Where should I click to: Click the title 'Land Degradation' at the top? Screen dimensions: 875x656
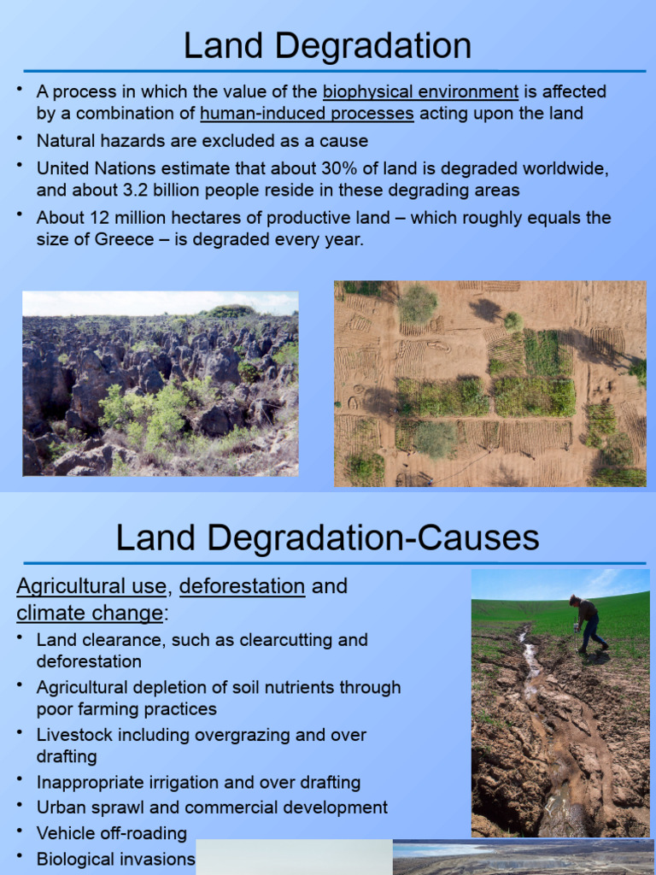(327, 45)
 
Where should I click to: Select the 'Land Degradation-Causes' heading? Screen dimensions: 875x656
(327, 538)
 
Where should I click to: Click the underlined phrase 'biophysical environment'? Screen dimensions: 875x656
(420, 91)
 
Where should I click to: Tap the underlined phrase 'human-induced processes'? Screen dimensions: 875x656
(307, 114)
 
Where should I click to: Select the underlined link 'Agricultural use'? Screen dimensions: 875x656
(91, 586)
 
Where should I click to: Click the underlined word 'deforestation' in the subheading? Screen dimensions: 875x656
(242, 586)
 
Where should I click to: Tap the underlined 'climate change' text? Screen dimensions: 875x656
(89, 613)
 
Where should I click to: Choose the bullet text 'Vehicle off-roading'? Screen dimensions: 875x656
(111, 833)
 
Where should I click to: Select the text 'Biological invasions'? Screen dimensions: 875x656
(115, 859)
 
